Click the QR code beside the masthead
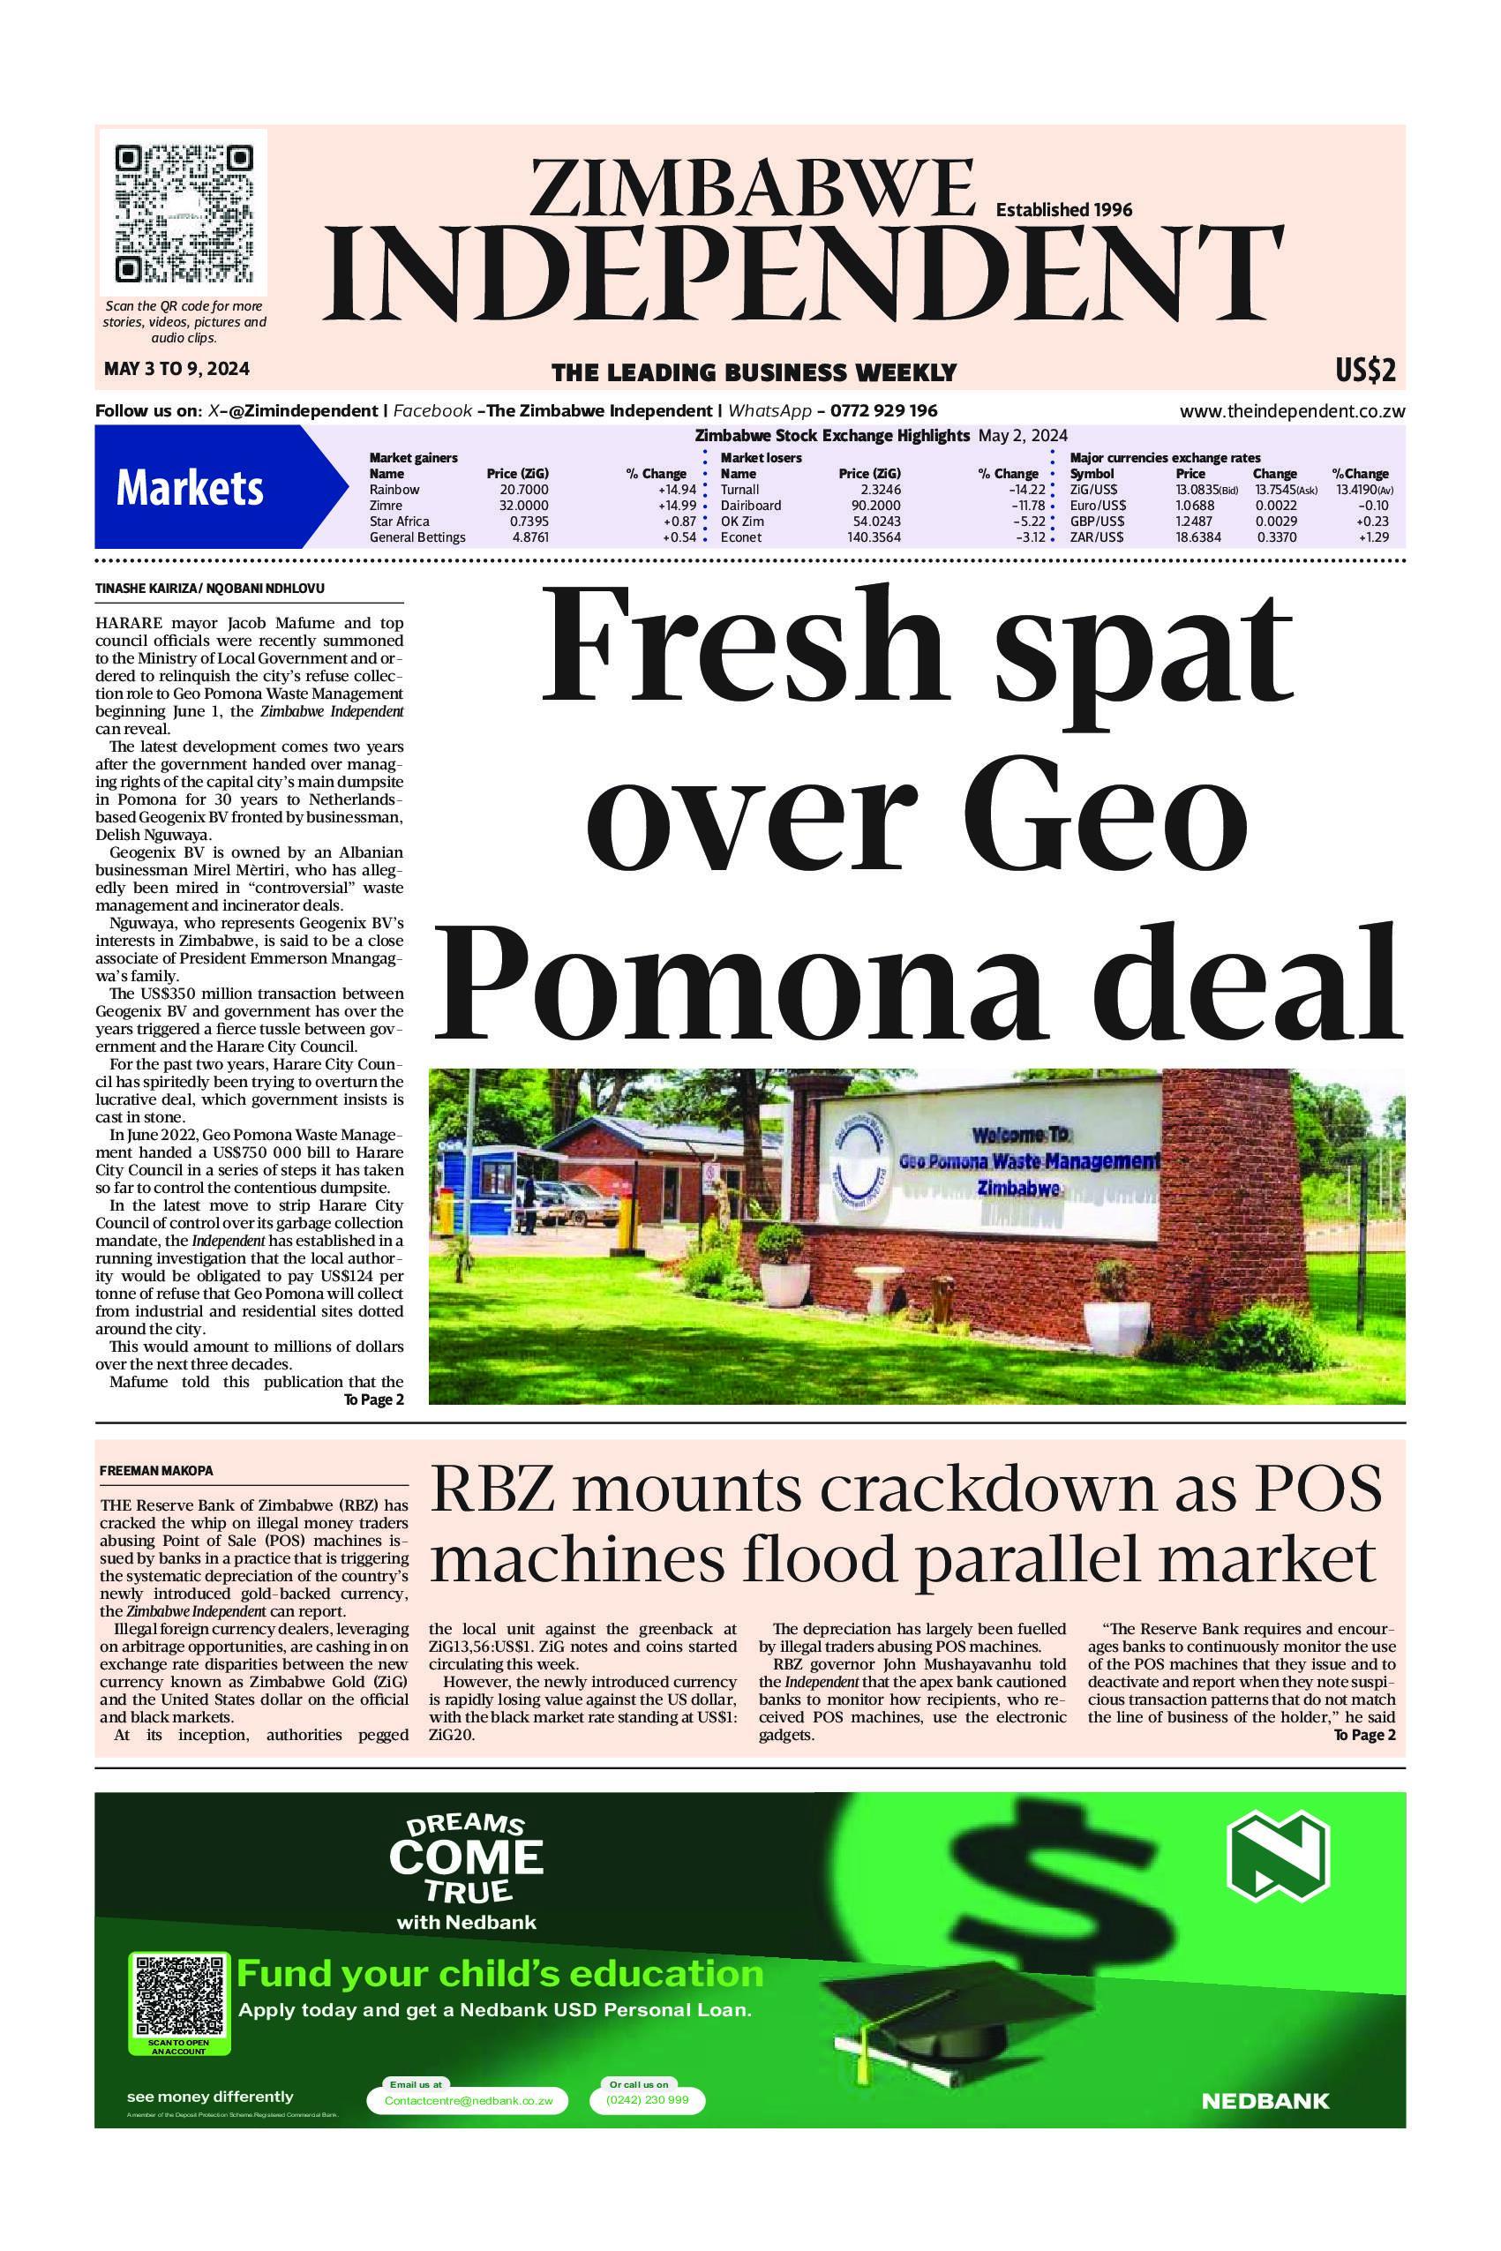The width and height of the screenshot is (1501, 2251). pyautogui.click(x=184, y=214)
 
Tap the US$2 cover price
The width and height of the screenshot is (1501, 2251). pyautogui.click(x=1365, y=371)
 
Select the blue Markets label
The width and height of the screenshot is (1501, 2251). pyautogui.click(x=190, y=489)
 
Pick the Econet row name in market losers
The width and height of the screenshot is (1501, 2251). pyautogui.click(x=741, y=536)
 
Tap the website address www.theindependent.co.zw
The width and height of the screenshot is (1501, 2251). pyautogui.click(x=1291, y=412)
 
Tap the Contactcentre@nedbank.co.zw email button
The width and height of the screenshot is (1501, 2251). pyautogui.click(x=468, y=2100)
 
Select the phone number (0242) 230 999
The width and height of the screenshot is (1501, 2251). pyautogui.click(x=648, y=2100)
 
